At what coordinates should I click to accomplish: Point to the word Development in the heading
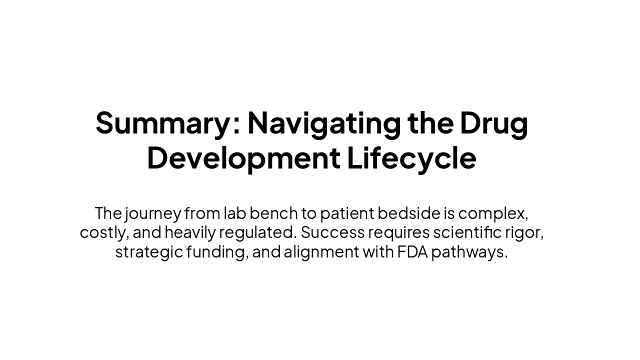pos(243,158)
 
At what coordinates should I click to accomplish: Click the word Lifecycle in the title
pos(411,158)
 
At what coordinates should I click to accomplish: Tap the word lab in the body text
pos(234,213)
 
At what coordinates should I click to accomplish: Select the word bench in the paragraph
pos(273,213)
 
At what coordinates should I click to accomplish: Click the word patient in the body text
pos(347,213)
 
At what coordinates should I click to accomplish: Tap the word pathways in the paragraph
pos(469,252)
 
